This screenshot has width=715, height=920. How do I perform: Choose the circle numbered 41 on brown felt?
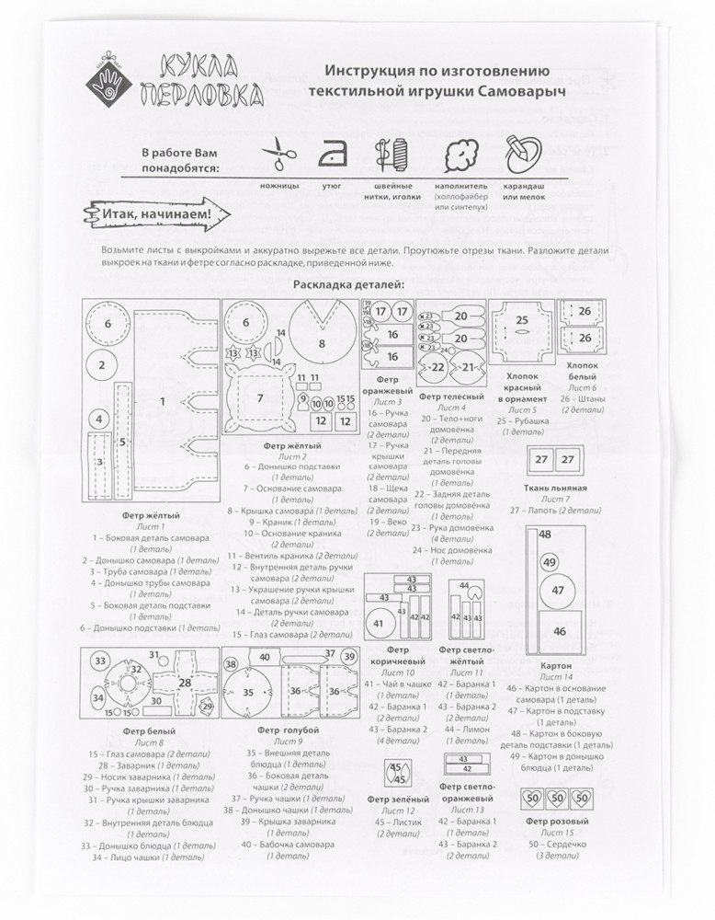(x=378, y=623)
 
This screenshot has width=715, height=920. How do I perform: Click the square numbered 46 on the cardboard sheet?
(x=559, y=631)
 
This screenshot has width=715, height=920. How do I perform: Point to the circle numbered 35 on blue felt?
(x=248, y=692)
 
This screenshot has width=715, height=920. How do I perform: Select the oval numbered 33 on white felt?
(x=99, y=662)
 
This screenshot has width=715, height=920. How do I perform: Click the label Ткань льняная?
(x=556, y=487)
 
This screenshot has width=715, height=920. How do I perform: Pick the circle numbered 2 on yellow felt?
(x=102, y=364)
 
